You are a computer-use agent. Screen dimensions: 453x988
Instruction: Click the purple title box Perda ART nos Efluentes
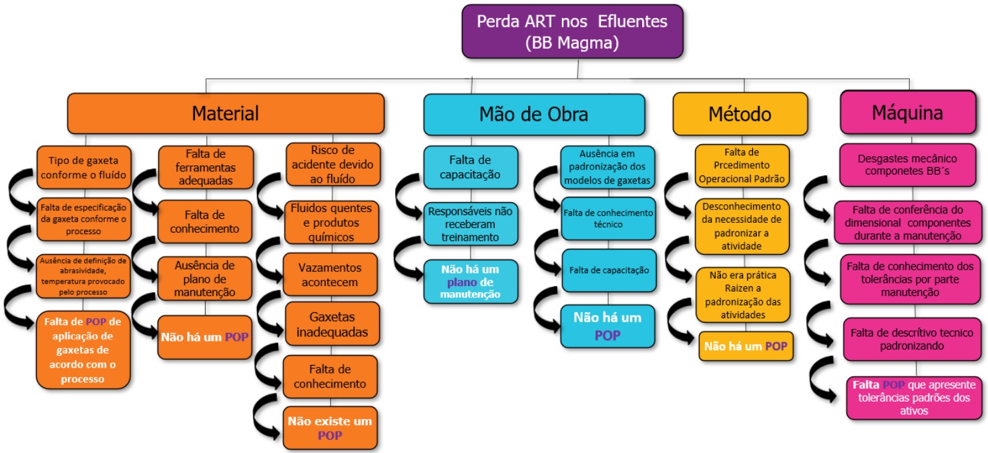[572, 31]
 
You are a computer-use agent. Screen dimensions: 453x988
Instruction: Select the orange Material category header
[226, 113]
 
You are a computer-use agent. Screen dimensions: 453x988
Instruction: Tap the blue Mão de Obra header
[534, 114]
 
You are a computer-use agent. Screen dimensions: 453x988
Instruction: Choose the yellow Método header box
[740, 114]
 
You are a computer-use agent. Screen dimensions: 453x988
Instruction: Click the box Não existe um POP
[330, 428]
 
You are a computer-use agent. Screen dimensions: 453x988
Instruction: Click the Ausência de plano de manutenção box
[205, 278]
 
